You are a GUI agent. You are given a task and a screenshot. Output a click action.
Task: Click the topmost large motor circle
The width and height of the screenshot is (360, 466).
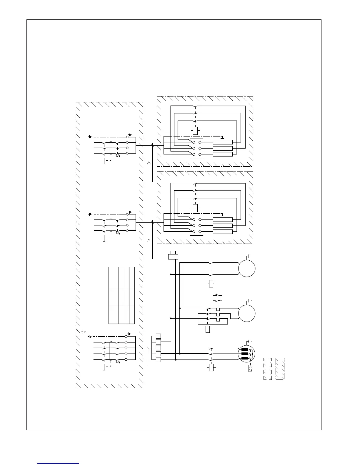(246, 269)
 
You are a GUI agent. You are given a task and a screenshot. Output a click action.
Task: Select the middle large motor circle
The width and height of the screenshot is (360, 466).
(246, 313)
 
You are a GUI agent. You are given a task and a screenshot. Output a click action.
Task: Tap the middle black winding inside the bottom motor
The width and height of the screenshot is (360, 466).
(245, 354)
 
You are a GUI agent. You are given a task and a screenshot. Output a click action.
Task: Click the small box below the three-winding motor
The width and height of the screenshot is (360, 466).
(250, 368)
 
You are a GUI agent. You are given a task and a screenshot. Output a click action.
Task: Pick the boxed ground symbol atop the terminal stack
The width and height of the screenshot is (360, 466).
(158, 336)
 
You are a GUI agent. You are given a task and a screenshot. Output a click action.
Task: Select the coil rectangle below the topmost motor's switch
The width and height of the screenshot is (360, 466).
(211, 284)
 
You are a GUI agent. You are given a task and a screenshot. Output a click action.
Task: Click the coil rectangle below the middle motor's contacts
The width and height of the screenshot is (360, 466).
(208, 329)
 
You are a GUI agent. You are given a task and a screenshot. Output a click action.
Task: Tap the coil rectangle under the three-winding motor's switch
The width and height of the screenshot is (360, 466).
(211, 368)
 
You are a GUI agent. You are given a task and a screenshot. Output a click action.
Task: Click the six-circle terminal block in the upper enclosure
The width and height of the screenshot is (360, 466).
(196, 148)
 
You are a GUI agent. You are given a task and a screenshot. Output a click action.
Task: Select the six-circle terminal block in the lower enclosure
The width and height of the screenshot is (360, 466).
(196, 225)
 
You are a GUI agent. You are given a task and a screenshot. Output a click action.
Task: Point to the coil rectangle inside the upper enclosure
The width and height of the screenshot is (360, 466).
(195, 130)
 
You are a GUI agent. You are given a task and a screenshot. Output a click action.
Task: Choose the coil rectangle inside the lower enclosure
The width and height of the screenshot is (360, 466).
(195, 208)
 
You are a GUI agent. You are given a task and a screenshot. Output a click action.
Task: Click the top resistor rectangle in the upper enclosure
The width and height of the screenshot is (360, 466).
(223, 142)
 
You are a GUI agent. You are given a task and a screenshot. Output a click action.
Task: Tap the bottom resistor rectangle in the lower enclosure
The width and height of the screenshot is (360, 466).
(223, 232)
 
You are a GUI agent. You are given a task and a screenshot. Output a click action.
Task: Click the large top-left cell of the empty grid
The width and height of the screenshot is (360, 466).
(114, 278)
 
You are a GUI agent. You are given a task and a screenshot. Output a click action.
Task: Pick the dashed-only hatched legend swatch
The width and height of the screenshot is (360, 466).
(267, 369)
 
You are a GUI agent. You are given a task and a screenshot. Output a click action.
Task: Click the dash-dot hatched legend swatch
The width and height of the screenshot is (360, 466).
(280, 369)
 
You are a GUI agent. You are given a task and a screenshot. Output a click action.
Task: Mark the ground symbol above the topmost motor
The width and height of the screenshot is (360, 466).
(249, 257)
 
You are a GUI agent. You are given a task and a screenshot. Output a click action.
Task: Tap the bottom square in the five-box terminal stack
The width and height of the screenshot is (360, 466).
(158, 360)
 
